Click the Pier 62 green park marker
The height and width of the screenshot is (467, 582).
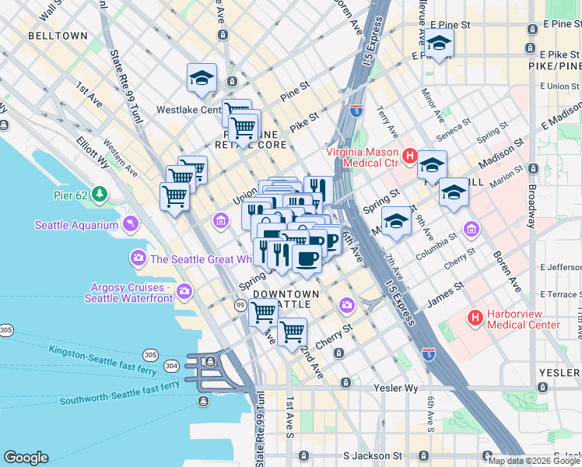click(100, 193)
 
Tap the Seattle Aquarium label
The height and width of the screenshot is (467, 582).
click(75, 226)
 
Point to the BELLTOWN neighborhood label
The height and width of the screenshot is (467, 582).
click(58, 36)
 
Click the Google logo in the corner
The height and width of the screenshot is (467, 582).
click(26, 458)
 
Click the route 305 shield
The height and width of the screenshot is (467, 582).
click(5, 330)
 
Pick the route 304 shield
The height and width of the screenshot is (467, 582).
click(170, 365)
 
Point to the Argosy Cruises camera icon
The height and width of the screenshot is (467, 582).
click(184, 292)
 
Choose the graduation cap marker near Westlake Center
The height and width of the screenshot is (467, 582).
click(202, 78)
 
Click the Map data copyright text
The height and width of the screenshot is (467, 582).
click(534, 461)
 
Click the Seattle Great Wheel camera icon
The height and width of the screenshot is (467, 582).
click(138, 258)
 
